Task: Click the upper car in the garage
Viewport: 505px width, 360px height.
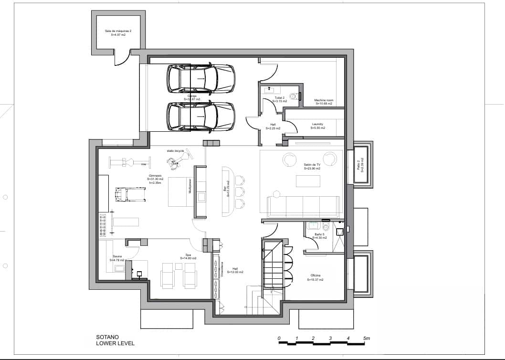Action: pyautogui.click(x=200, y=79)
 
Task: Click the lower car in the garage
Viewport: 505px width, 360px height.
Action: pyautogui.click(x=200, y=117)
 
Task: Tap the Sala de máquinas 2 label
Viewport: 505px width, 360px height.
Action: pyautogui.click(x=118, y=33)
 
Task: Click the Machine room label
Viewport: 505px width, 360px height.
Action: pyautogui.click(x=324, y=102)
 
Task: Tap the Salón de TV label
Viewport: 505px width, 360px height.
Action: pyautogui.click(x=312, y=167)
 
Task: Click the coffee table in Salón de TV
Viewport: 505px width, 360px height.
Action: pyautogui.click(x=307, y=181)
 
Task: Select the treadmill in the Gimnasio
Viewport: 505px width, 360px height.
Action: pyautogui.click(x=130, y=194)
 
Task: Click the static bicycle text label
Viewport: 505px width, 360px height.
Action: pyautogui.click(x=175, y=150)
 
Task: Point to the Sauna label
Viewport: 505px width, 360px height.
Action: pyautogui.click(x=117, y=258)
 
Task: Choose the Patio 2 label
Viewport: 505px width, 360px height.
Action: pyautogui.click(x=361, y=170)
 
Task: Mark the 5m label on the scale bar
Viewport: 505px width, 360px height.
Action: pyautogui.click(x=366, y=338)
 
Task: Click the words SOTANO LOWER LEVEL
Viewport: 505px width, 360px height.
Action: pyautogui.click(x=115, y=340)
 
